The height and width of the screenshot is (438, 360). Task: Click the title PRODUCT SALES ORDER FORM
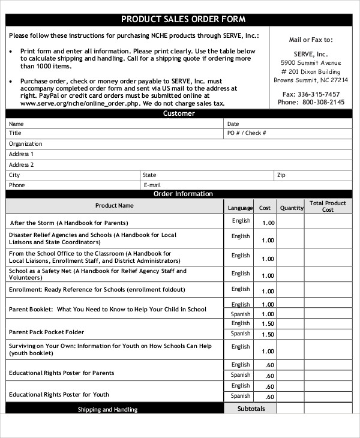pyautogui.click(x=183, y=19)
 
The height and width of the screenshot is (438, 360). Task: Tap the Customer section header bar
pyautogui.click(x=179, y=113)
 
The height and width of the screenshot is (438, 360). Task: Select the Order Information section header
pyautogui.click(x=183, y=194)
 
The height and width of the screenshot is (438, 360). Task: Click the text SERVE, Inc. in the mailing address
pyautogui.click(x=311, y=53)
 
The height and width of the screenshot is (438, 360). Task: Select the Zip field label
pyautogui.click(x=281, y=175)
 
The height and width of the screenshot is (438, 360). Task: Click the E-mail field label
pyautogui.click(x=152, y=185)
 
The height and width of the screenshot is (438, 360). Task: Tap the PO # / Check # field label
pyautogui.click(x=246, y=133)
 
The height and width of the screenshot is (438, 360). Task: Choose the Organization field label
pyautogui.click(x=26, y=144)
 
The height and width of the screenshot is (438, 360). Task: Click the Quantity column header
pyautogui.click(x=292, y=208)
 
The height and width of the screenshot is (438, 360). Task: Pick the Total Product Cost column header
pyautogui.click(x=328, y=206)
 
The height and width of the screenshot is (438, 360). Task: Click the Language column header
pyautogui.click(x=240, y=208)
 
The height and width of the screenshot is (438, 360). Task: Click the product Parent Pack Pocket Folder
pyautogui.click(x=47, y=332)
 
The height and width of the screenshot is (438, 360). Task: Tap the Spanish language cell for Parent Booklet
pyautogui.click(x=241, y=314)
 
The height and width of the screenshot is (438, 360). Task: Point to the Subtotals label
pyautogui.click(x=251, y=409)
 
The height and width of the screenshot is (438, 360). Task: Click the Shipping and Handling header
pyautogui.click(x=107, y=410)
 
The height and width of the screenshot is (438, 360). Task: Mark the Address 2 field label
pyautogui.click(x=21, y=164)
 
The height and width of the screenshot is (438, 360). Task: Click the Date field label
pyautogui.click(x=233, y=124)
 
